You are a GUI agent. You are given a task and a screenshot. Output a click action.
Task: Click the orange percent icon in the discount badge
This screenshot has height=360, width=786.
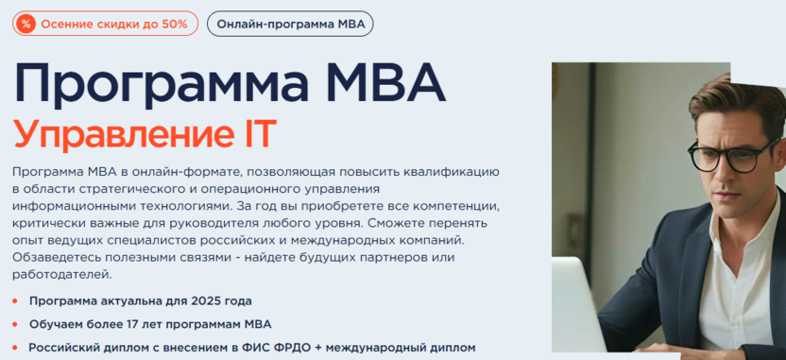pyautogui.click(x=26, y=24)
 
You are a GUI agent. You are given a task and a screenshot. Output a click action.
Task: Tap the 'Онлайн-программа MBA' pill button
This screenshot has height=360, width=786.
pyautogui.click(x=290, y=24)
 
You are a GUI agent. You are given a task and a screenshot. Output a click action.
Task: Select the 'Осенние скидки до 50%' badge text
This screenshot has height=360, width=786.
pyautogui.click(x=113, y=24)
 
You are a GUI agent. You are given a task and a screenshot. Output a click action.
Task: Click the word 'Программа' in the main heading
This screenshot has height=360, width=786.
pyautogui.click(x=150, y=84)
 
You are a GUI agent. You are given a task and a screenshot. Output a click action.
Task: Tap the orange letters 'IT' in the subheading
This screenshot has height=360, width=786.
pyautogui.click(x=259, y=132)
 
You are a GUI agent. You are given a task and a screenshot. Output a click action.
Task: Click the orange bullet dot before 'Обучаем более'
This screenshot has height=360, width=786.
pyautogui.click(x=15, y=324)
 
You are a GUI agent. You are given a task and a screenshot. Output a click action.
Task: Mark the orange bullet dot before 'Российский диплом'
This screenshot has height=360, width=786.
pyautogui.click(x=15, y=348)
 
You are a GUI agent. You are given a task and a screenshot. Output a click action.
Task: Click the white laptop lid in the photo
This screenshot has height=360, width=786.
pyautogui.click(x=576, y=306)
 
